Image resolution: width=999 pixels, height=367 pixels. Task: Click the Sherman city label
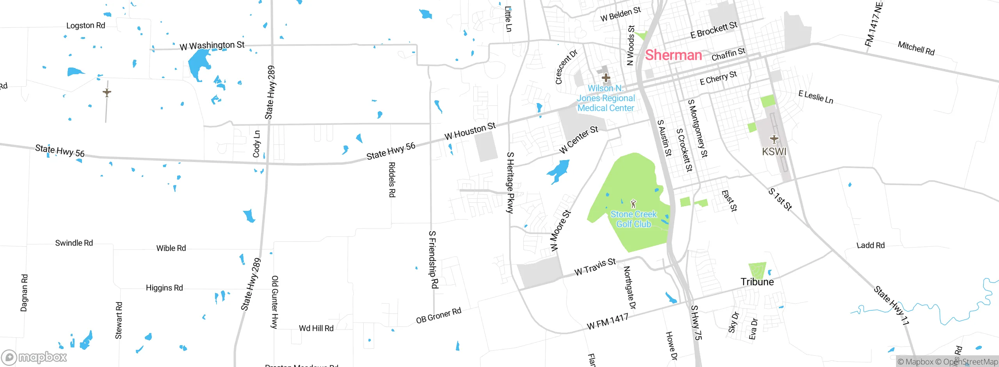[x=673, y=55]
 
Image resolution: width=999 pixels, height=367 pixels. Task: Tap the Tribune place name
[x=757, y=281]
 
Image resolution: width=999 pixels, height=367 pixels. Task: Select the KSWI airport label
[x=774, y=151]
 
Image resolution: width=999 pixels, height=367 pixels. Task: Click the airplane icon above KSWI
[x=774, y=139]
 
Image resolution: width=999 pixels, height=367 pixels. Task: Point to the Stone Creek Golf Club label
[x=633, y=219]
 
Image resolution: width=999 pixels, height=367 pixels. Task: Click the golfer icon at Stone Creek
[x=633, y=204]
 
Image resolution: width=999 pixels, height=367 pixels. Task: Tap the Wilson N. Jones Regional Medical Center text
[x=606, y=98]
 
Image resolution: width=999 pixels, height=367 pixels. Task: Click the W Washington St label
[x=212, y=46]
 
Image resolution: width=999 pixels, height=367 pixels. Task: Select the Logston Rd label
[x=85, y=25]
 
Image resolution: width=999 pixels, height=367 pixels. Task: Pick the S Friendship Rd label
[x=433, y=260]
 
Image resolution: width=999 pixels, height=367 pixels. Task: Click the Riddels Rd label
[x=392, y=180]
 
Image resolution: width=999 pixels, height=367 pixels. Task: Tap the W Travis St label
[x=595, y=267]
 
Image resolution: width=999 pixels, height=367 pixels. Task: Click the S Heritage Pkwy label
[x=510, y=182]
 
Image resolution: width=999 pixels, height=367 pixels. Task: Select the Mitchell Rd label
[x=916, y=48]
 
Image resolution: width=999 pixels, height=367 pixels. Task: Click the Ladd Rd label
[x=870, y=245]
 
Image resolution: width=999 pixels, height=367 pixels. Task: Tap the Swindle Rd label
[x=74, y=243]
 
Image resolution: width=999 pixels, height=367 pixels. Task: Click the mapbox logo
[x=34, y=357]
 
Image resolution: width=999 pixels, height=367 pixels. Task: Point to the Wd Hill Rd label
[x=316, y=328]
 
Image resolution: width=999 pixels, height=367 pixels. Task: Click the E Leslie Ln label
[x=816, y=97]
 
